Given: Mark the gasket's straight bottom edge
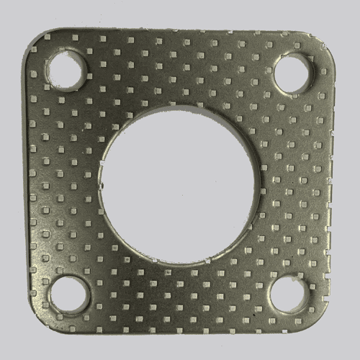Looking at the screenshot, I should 180,337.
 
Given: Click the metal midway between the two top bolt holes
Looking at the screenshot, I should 181,68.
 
